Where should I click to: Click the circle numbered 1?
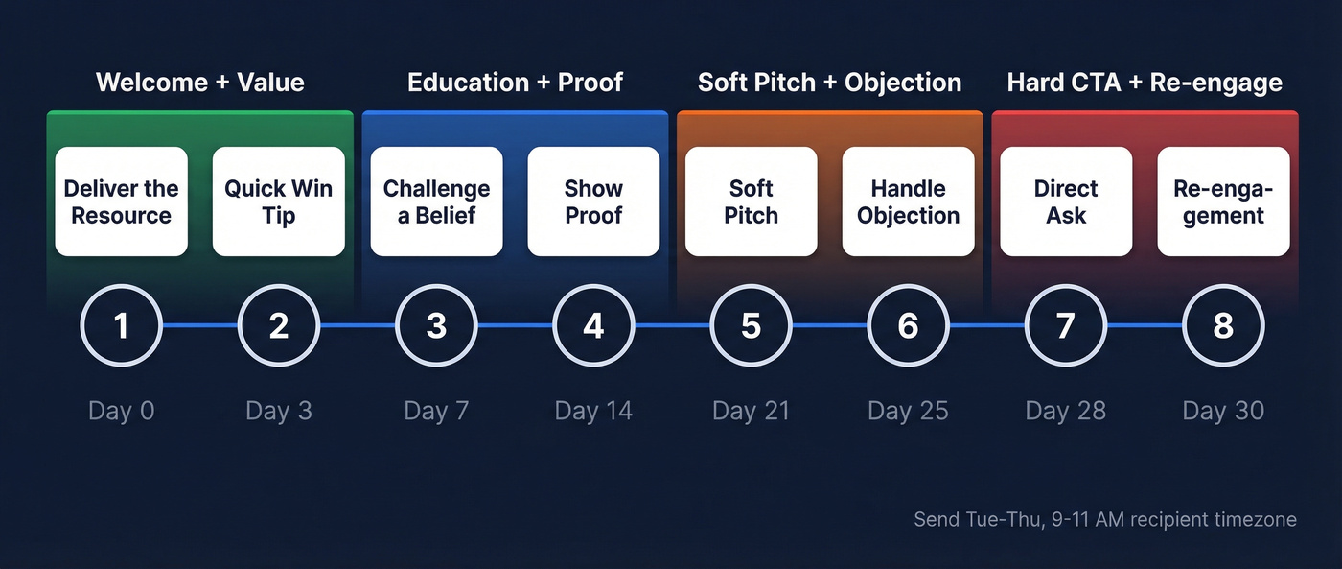click(122, 326)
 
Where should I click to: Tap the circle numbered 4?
click(593, 326)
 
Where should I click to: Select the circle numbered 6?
click(908, 326)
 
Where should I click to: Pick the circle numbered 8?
click(1223, 326)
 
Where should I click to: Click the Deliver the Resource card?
click(122, 202)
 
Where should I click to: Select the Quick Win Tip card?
click(279, 202)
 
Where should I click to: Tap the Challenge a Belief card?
click(436, 202)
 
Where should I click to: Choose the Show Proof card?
click(593, 202)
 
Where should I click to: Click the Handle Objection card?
click(908, 202)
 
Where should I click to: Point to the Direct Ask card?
click(1066, 202)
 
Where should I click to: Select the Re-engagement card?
click(1223, 202)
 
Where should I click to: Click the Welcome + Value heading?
click(200, 83)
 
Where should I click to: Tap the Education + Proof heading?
click(516, 83)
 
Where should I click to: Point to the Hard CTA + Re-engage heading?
click(1145, 83)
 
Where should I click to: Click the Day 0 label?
click(122, 412)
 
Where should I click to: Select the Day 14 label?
click(593, 412)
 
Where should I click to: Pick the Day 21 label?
click(751, 412)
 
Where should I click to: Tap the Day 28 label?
click(1066, 412)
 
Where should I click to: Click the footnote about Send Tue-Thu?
click(1104, 520)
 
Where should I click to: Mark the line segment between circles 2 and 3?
click(358, 326)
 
